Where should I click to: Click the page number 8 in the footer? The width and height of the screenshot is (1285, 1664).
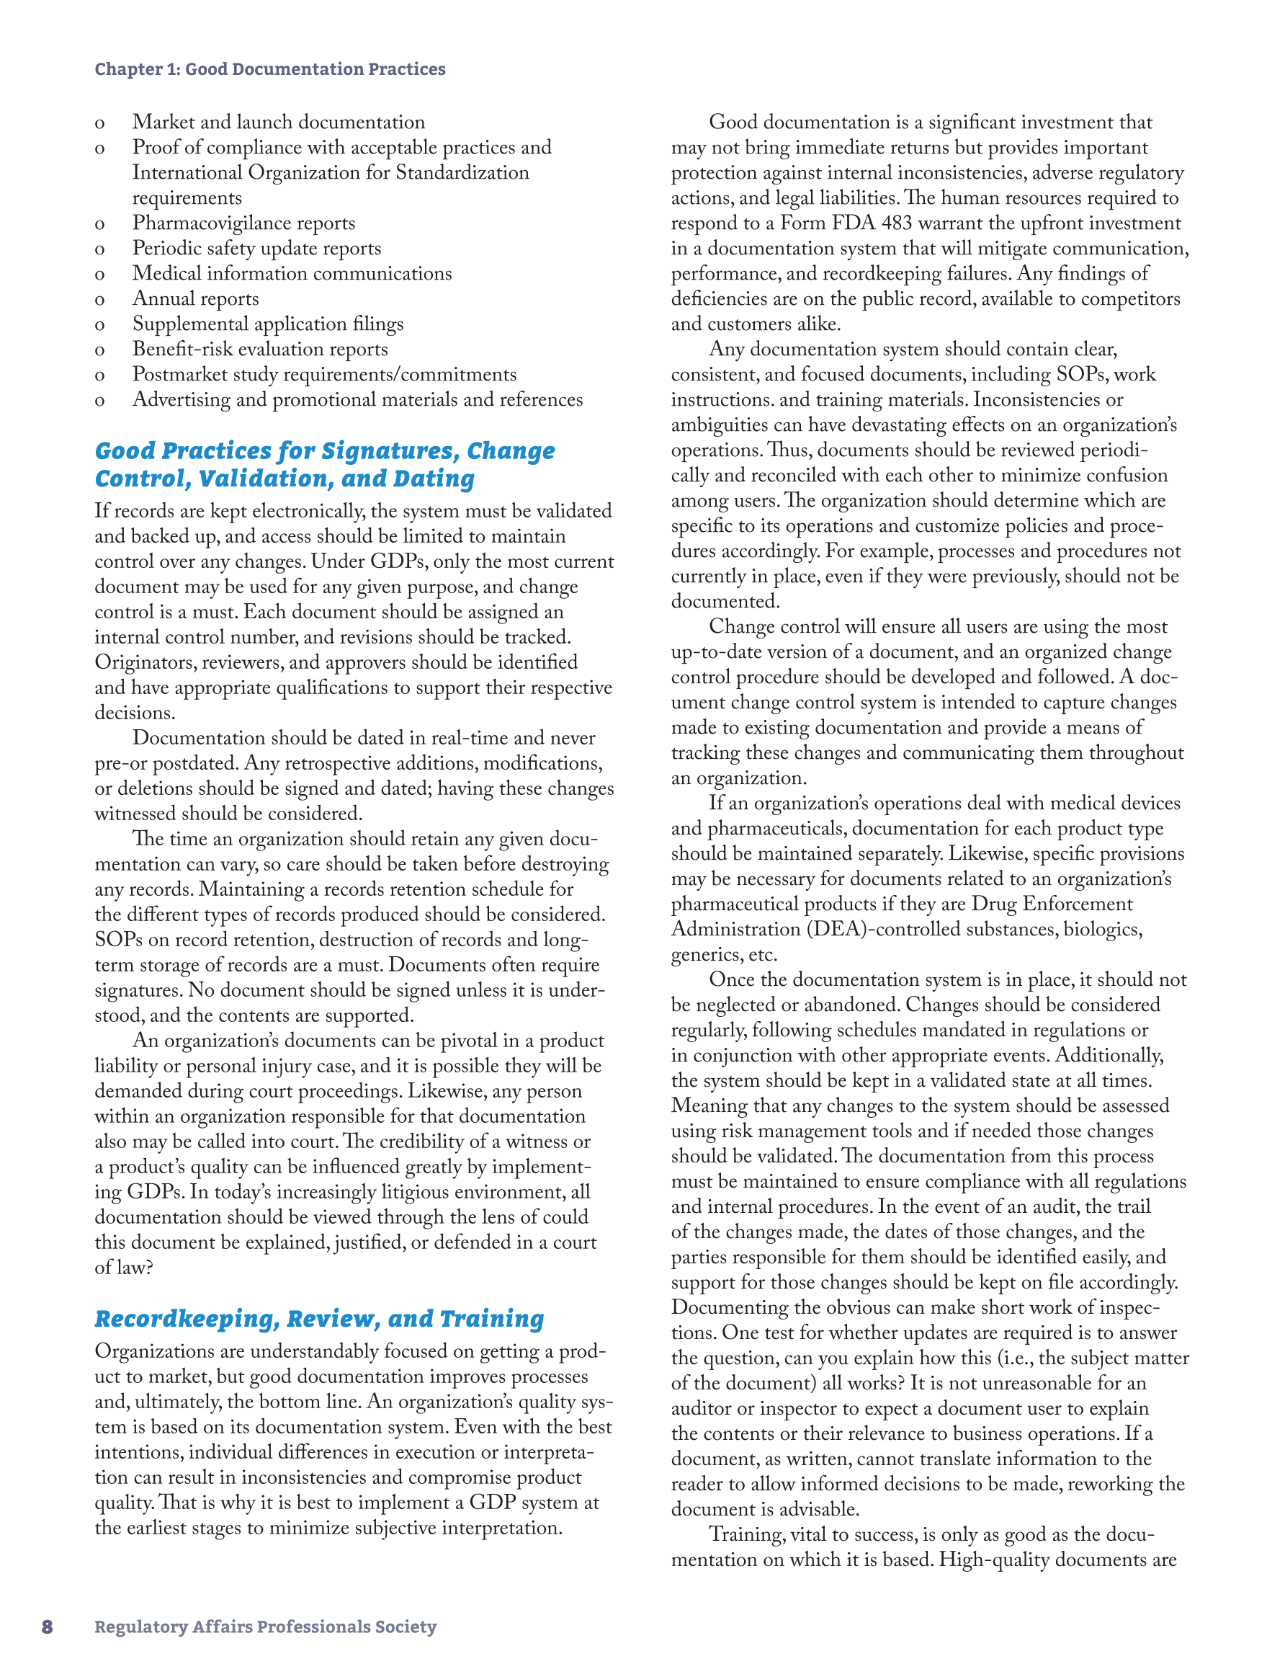[48, 1627]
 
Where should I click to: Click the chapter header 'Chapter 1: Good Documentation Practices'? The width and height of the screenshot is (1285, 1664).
[269, 69]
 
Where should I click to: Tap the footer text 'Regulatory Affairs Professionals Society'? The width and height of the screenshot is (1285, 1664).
[265, 1627]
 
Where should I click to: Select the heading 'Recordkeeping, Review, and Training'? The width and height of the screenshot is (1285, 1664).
[319, 1319]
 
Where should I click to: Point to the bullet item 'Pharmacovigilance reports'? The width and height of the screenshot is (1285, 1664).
[243, 223]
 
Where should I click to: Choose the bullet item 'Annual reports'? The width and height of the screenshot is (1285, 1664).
[196, 298]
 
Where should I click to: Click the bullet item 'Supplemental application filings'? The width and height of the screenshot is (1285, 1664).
[268, 324]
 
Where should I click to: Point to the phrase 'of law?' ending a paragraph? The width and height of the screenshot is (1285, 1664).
[124, 1268]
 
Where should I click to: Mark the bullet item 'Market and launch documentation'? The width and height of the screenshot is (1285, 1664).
[279, 123]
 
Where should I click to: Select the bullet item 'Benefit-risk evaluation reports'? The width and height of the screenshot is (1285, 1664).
[260, 349]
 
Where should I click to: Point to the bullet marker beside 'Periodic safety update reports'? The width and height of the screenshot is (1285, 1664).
[100, 249]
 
